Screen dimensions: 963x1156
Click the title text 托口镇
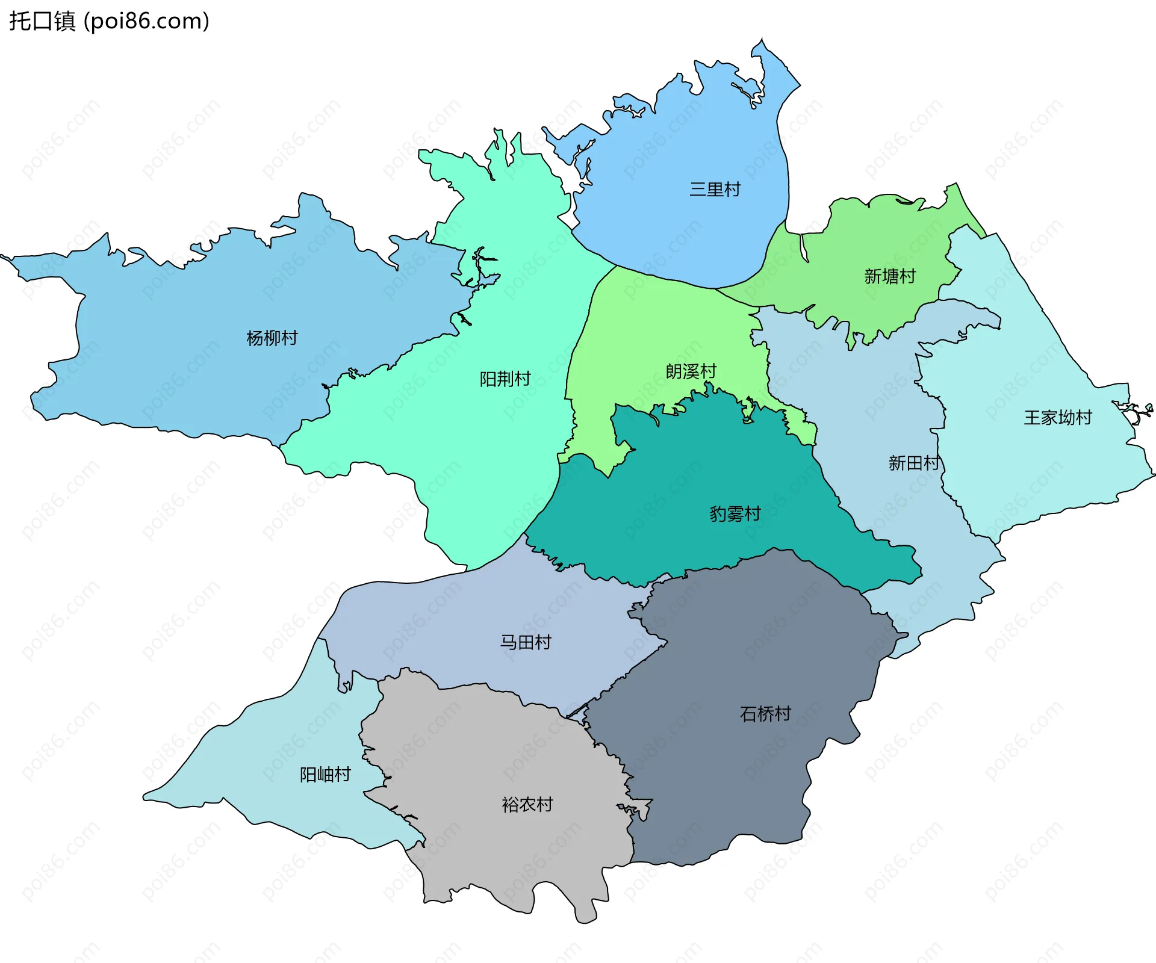pyautogui.click(x=42, y=21)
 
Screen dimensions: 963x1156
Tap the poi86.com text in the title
pyautogui.click(x=146, y=21)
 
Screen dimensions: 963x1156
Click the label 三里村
pyautogui.click(x=715, y=190)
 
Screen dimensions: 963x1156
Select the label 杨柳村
pyautogui.click(x=272, y=338)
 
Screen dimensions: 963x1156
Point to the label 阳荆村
pyautogui.click(x=505, y=379)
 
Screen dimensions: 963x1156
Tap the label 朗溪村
pyautogui.click(x=691, y=371)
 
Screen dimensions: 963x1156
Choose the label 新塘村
pyautogui.click(x=890, y=276)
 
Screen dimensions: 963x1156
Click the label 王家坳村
pyautogui.click(x=1058, y=418)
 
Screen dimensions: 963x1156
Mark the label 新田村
pyautogui.click(x=913, y=463)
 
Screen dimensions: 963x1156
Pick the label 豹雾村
pyautogui.click(x=735, y=514)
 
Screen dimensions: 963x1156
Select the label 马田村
pyautogui.click(x=526, y=642)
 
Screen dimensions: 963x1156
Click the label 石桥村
pyautogui.click(x=765, y=714)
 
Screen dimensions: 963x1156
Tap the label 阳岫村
pyautogui.click(x=325, y=775)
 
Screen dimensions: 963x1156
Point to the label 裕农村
pyautogui.click(x=527, y=805)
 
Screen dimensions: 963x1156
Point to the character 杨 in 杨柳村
pyautogui.click(x=255, y=338)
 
